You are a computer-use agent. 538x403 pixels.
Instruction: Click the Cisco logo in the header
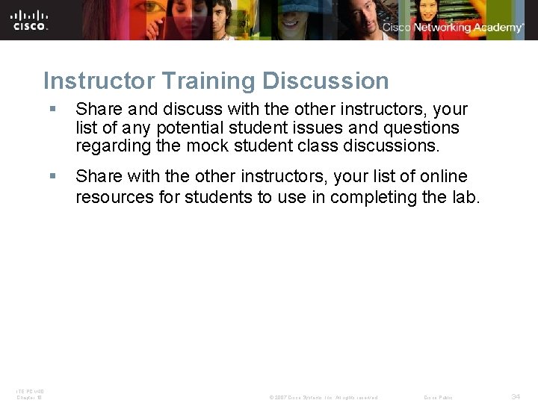pyautogui.click(x=30, y=19)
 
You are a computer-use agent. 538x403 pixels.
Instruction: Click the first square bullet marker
pyautogui.click(x=52, y=110)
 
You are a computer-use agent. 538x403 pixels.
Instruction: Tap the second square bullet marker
pyautogui.click(x=52, y=177)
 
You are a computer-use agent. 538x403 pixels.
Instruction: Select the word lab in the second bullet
pyautogui.click(x=466, y=197)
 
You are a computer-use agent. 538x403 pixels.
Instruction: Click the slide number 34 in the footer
pyautogui.click(x=516, y=396)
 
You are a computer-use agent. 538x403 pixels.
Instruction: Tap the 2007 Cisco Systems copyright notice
pyautogui.click(x=323, y=397)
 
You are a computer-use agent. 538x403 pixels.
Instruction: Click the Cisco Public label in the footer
pyautogui.click(x=438, y=397)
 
